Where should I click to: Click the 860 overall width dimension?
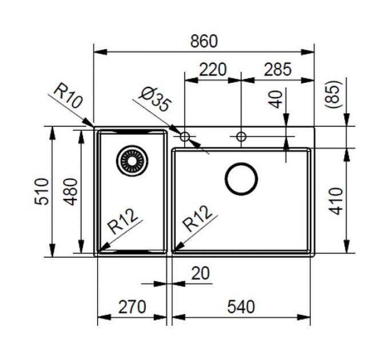(x=204, y=41)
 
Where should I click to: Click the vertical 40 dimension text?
(x=277, y=99)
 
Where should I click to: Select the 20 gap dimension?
(x=200, y=274)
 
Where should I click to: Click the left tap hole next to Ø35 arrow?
(x=184, y=137)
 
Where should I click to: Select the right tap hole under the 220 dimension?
(x=241, y=137)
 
